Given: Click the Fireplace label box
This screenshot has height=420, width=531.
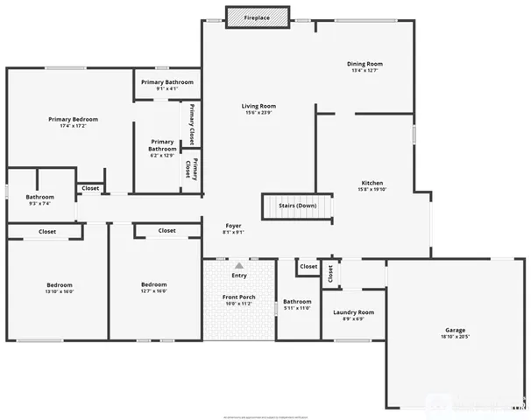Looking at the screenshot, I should tap(258, 17).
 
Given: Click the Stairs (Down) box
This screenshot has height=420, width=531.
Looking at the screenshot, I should tap(297, 206).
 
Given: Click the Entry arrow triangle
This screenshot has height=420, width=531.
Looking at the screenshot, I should tap(238, 263).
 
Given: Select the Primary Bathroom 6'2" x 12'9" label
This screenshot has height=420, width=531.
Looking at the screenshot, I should tap(162, 145).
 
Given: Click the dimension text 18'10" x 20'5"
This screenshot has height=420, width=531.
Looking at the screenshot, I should tap(455, 337).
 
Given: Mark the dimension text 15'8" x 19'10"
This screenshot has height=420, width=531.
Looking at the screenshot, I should tap(372, 189).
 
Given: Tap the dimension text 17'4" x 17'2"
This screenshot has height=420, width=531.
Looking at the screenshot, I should tap(73, 127).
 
